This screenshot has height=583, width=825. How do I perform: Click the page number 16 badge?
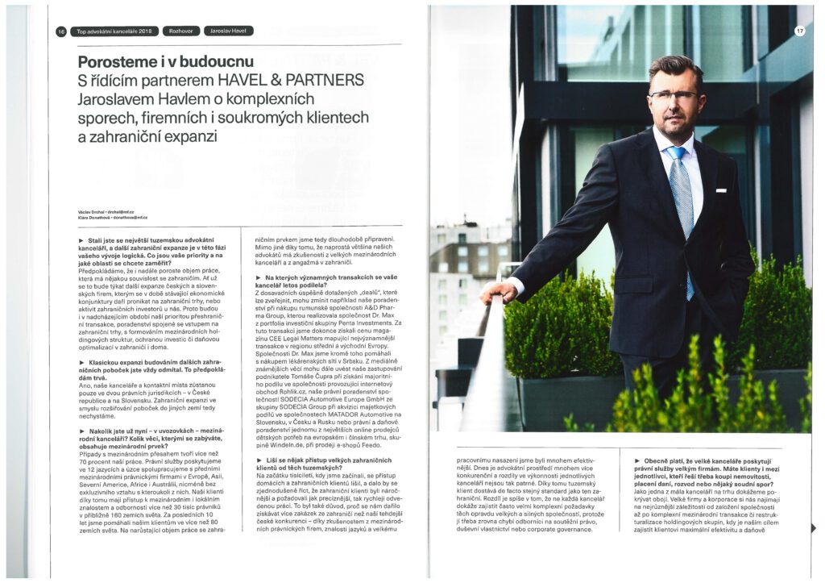pos(60,31)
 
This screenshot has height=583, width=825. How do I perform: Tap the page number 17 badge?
pos(800,31)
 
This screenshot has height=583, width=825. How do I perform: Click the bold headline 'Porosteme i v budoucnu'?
pos(165,62)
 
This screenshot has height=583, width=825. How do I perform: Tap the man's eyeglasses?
pos(674,95)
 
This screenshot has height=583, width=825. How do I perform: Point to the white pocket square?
pos(721,192)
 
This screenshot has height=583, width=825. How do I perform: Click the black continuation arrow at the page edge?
pos(815,528)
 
